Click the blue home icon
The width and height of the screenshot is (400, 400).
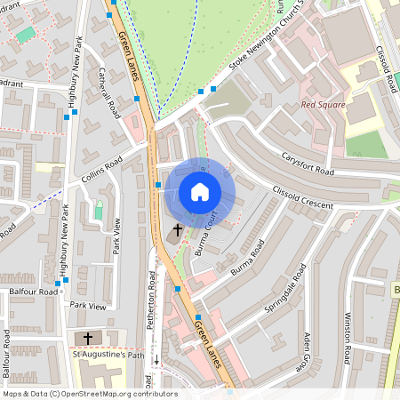click(x=200, y=191)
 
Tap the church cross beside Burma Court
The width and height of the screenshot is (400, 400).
click(x=177, y=230)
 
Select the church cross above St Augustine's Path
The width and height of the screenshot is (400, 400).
click(x=88, y=338)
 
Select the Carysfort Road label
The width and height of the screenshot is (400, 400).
click(x=308, y=160)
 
